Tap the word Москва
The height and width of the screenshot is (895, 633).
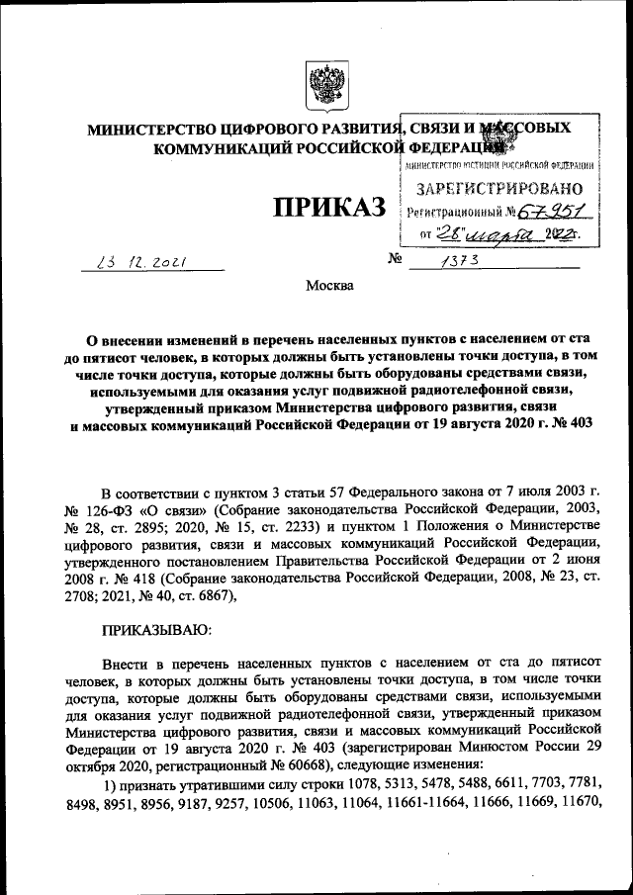[328, 287]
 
